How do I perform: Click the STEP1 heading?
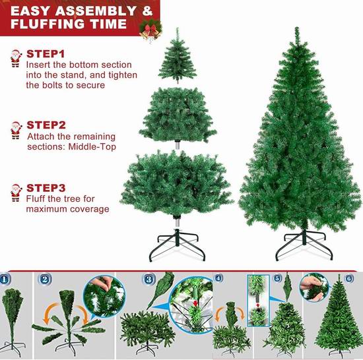[x=46, y=54]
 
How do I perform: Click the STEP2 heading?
[x=46, y=125]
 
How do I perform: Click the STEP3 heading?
[x=46, y=188]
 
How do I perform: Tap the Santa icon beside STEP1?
[x=16, y=59]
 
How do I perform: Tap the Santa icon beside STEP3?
[x=16, y=193]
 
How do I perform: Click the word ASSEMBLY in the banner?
[x=96, y=11]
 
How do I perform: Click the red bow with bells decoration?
[x=150, y=31]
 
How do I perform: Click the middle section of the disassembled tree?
[x=178, y=115]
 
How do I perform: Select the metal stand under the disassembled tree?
[x=178, y=245]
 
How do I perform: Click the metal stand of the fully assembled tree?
[x=304, y=245]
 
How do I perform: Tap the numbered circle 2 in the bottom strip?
[x=45, y=280]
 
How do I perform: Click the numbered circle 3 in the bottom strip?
[x=148, y=279]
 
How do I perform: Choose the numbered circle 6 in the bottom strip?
[x=349, y=278]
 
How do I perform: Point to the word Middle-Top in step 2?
[x=92, y=147]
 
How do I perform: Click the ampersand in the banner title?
[x=147, y=11]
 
